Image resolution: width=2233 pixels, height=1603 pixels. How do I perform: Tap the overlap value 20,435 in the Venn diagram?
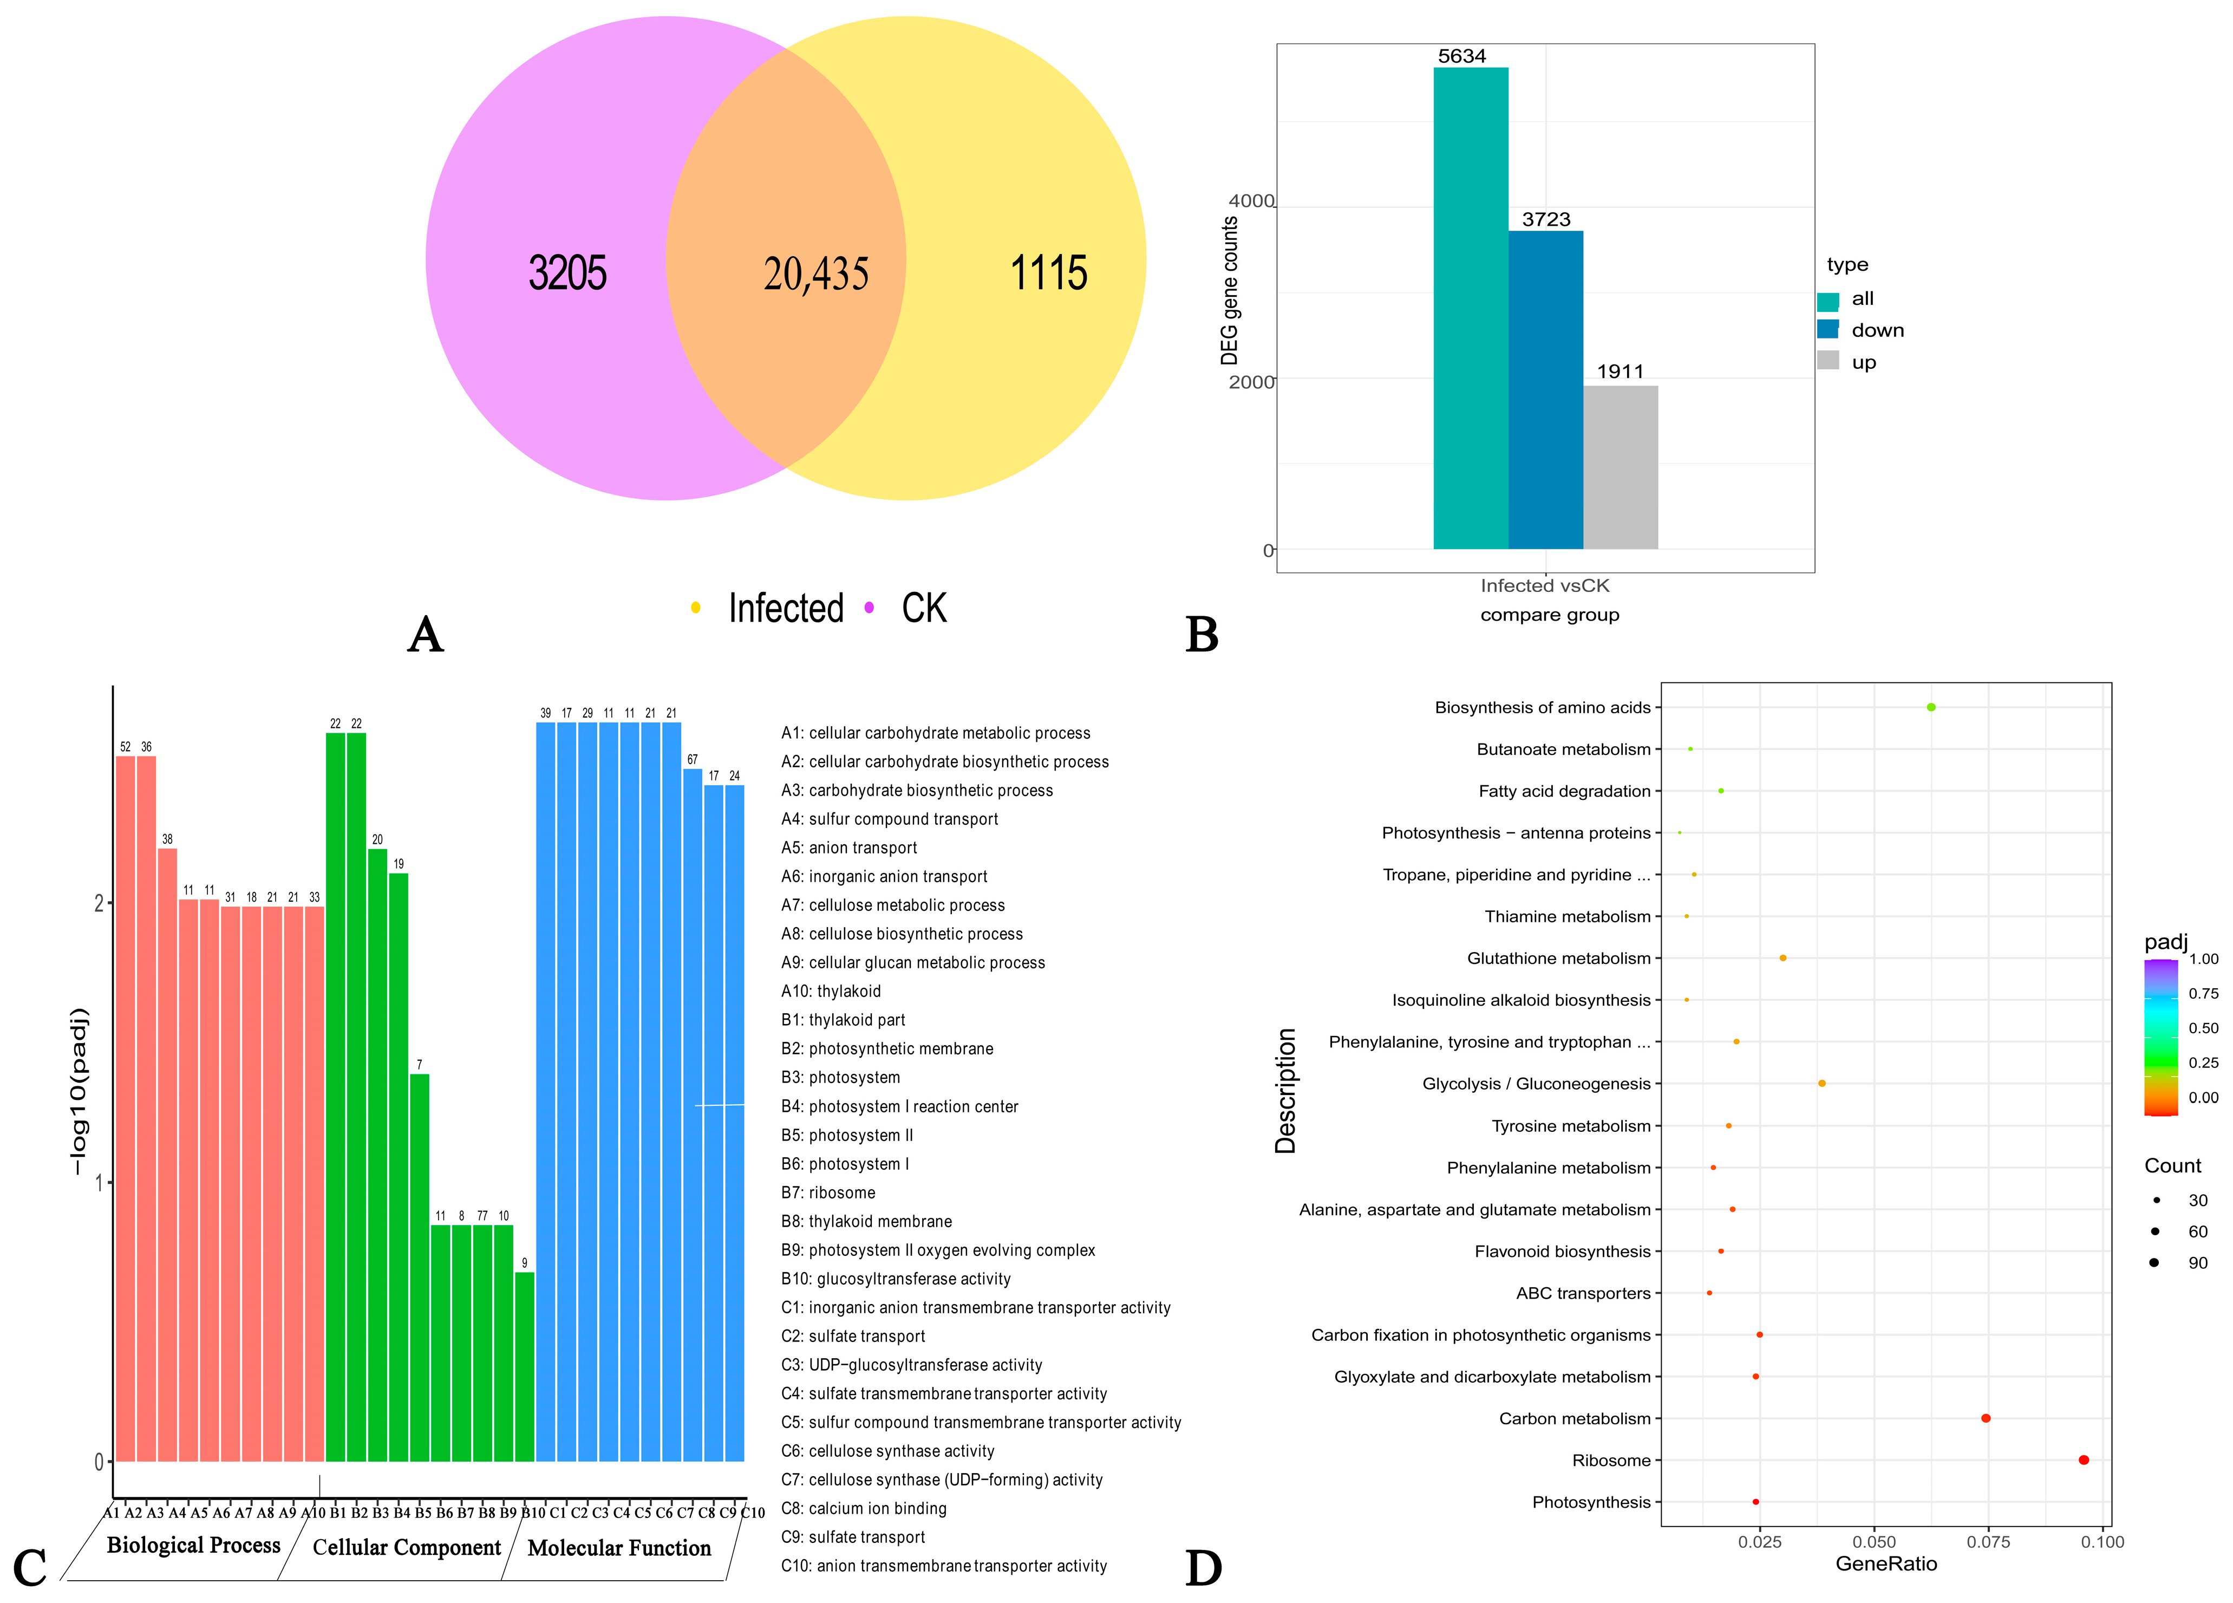pyautogui.click(x=816, y=273)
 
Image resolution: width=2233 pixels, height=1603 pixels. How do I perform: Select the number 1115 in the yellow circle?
pyautogui.click(x=1049, y=273)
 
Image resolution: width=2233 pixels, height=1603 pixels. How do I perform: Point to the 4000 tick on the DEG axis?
pyautogui.click(x=1250, y=201)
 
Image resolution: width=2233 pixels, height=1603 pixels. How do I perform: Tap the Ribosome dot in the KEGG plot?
pyautogui.click(x=2084, y=1460)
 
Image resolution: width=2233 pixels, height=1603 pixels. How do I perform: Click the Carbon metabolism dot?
pyautogui.click(x=1986, y=1418)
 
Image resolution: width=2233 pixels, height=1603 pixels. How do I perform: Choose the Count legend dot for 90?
pyautogui.click(x=2154, y=1262)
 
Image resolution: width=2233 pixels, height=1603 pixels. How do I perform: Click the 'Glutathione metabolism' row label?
pyautogui.click(x=1558, y=958)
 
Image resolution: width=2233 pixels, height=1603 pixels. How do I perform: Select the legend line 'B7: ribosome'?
pyautogui.click(x=828, y=1193)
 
